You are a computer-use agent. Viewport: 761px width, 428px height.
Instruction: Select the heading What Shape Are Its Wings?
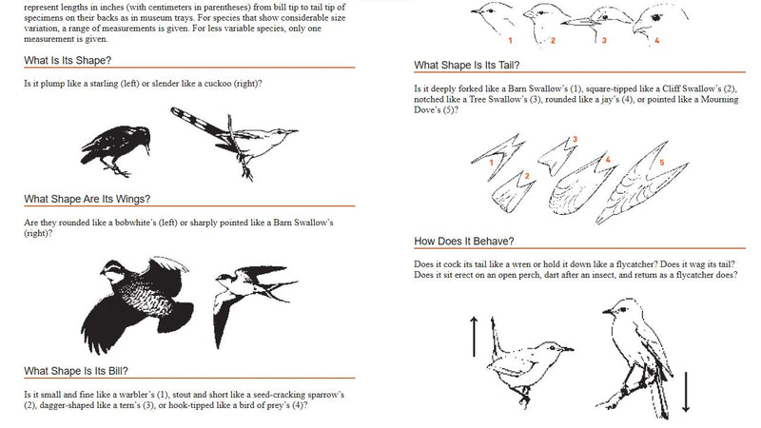(87, 199)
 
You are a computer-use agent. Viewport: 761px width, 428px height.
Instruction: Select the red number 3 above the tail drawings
(574, 140)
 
